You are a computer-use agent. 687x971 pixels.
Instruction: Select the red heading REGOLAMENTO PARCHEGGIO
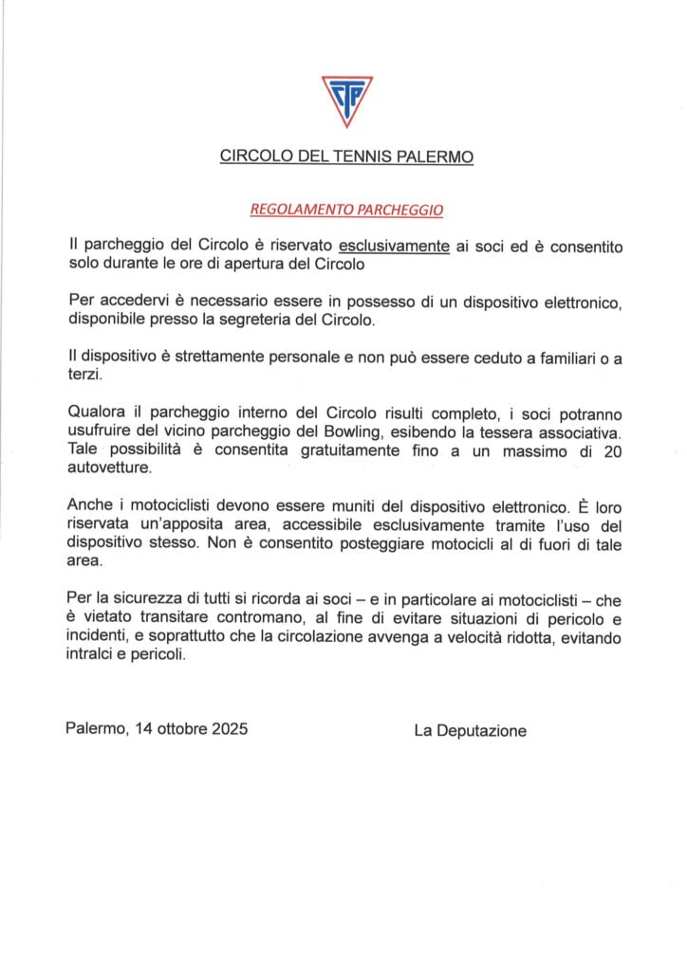pos(346,208)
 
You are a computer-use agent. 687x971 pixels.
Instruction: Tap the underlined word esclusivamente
pos(394,246)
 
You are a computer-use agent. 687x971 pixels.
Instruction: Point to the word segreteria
pos(269,320)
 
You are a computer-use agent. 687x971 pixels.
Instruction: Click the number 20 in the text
pos(612,450)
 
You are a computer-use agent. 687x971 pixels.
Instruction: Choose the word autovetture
pos(109,468)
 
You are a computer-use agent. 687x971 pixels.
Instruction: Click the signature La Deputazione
pos(470,730)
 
